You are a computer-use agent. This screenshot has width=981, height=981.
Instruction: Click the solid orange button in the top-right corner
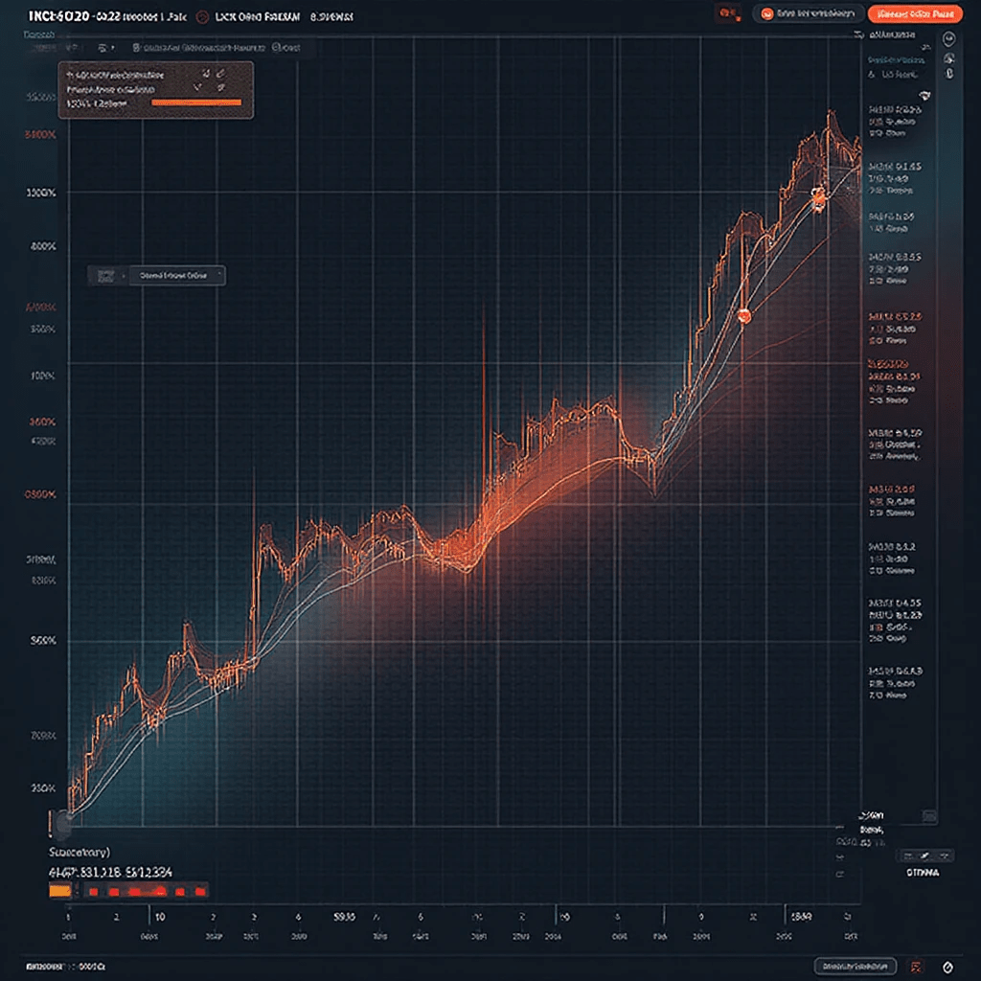913,13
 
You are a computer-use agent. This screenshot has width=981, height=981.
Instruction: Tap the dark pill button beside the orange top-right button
807,13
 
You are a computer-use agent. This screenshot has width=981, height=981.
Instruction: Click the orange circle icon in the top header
202,16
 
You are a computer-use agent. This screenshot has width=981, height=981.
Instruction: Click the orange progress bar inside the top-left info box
197,102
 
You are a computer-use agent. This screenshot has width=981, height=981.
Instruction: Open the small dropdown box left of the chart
156,275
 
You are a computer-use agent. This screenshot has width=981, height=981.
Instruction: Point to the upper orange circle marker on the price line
817,198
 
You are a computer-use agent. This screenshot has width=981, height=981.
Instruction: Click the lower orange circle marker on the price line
744,314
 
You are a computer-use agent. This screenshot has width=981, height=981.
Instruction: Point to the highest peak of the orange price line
830,115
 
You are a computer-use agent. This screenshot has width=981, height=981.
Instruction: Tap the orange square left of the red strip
59,890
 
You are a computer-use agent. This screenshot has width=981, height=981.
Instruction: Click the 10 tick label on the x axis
159,917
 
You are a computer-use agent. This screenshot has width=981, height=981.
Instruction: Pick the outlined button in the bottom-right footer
854,966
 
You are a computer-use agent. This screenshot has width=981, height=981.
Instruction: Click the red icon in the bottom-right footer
917,966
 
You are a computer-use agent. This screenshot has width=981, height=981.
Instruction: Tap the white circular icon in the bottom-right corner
948,966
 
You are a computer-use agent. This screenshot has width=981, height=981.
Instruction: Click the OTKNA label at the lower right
923,874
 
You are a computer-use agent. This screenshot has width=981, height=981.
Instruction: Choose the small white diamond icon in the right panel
924,95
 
